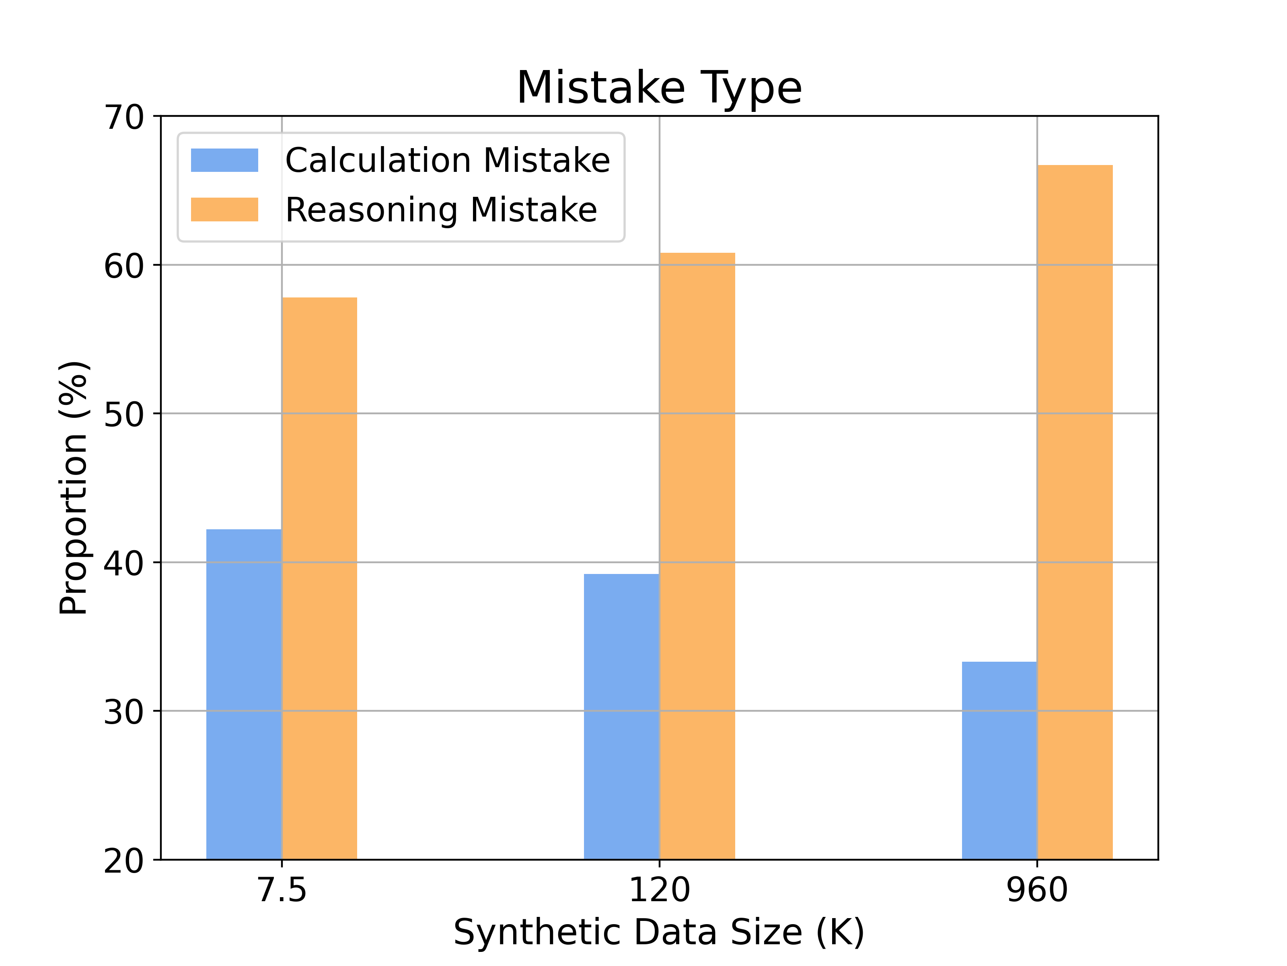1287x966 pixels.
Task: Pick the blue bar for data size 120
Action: (621, 716)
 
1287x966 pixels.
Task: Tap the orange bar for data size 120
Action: (697, 556)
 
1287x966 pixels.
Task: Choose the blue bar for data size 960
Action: (999, 760)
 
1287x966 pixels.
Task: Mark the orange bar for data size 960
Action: (1075, 512)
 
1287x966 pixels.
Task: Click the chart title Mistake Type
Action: (659, 88)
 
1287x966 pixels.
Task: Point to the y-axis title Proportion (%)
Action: (74, 488)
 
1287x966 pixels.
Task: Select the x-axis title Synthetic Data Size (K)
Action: (659, 932)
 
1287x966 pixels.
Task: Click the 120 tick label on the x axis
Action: (659, 890)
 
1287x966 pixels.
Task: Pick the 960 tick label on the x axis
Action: (1037, 890)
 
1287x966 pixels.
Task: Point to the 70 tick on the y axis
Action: (123, 117)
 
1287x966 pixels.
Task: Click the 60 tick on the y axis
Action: (123, 266)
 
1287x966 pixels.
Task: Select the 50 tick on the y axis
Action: (123, 415)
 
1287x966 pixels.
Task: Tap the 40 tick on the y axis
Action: (123, 563)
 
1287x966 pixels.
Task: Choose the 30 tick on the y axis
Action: (123, 712)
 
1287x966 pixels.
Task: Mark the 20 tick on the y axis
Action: (123, 861)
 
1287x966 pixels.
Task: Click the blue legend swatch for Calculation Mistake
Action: (224, 160)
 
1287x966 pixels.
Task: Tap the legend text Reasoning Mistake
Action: (441, 210)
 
